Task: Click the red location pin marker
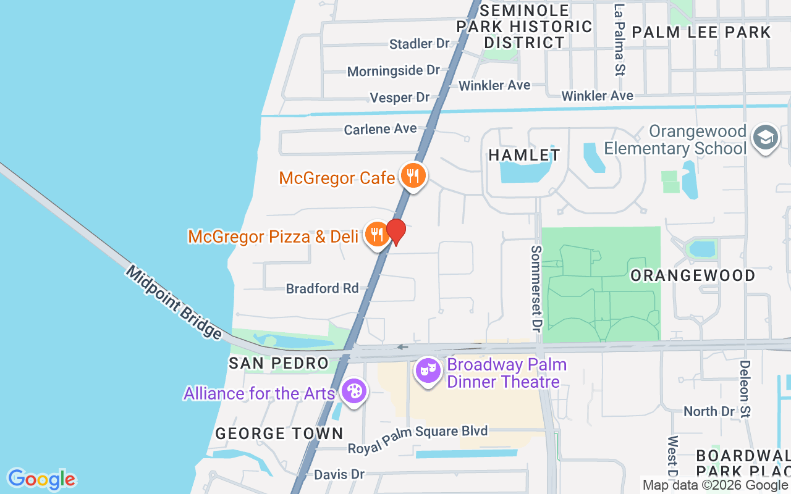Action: tap(396, 232)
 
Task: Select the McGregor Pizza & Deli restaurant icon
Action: tap(376, 235)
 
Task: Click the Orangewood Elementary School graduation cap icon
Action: tap(766, 138)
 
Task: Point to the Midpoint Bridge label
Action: tap(174, 303)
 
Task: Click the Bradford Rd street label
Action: tap(322, 288)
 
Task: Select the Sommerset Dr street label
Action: tap(536, 287)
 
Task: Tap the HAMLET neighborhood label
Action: tap(524, 155)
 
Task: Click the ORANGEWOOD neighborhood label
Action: tap(693, 275)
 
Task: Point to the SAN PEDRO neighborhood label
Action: tap(278, 363)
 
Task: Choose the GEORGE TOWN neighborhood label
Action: tap(279, 433)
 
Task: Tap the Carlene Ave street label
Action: tap(380, 129)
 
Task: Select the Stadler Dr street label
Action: tap(419, 44)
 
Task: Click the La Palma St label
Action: tap(619, 40)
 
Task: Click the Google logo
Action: tap(41, 479)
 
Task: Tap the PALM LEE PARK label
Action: tap(701, 32)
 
